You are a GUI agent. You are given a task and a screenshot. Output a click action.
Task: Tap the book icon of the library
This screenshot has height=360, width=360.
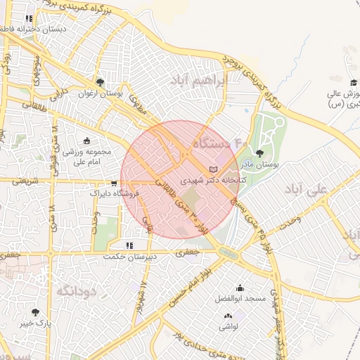coord(214,169)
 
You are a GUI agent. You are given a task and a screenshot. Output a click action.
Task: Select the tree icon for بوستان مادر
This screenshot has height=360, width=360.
coord(260,153)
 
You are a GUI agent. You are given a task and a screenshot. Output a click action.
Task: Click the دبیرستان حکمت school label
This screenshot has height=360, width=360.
coord(127,257)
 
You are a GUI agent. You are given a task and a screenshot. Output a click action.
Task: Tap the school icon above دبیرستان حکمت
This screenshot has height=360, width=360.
coord(128,245)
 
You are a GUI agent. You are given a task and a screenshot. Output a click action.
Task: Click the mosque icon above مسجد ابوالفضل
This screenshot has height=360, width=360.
coord(240,288)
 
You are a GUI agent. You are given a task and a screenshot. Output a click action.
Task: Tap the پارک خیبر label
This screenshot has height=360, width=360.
coord(36,323)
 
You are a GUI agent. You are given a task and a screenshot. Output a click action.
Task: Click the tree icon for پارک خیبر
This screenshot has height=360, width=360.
coord(35,311)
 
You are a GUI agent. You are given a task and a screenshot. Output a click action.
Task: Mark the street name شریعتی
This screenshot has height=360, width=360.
coord(18,181)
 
